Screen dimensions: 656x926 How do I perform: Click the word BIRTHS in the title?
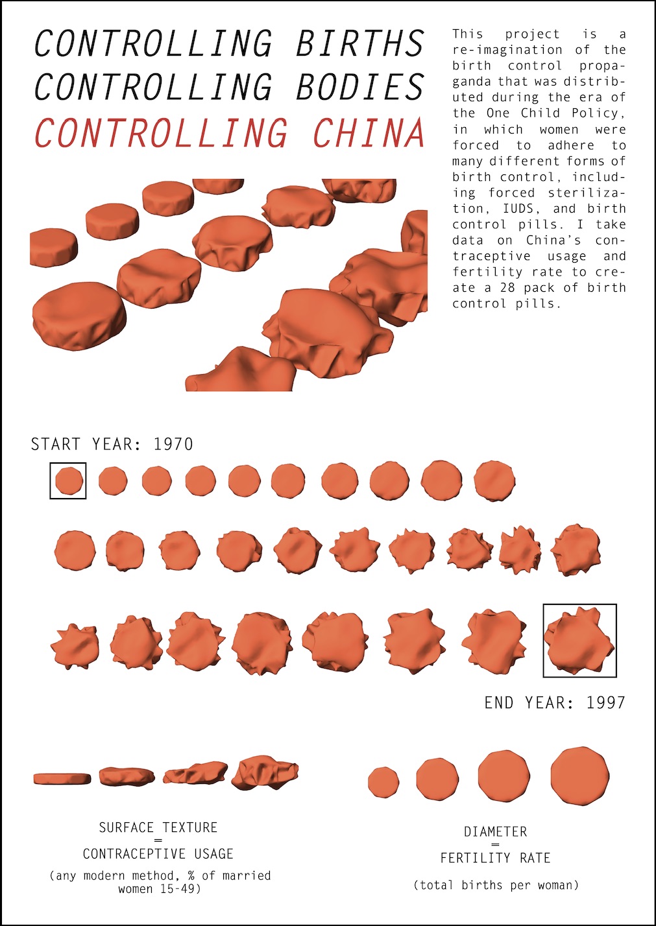(x=360, y=43)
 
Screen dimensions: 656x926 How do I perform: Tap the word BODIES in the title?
(x=360, y=86)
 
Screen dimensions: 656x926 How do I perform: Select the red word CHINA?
(x=368, y=132)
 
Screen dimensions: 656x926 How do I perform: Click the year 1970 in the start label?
(x=173, y=444)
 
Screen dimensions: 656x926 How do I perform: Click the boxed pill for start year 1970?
(x=69, y=481)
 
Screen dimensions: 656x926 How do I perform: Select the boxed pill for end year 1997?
(x=579, y=639)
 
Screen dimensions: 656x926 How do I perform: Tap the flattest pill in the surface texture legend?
(x=62, y=778)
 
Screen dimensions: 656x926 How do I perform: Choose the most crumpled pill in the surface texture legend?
(x=265, y=772)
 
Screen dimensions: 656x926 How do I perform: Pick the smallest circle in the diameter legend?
(x=383, y=782)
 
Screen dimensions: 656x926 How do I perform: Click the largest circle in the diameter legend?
(x=580, y=776)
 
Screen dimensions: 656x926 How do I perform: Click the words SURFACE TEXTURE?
(x=158, y=827)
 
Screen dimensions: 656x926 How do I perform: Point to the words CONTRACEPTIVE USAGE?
(x=158, y=853)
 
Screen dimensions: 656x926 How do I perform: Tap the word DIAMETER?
(x=496, y=831)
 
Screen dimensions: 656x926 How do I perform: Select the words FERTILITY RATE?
(x=496, y=858)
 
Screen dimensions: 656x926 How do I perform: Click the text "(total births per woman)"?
(x=496, y=885)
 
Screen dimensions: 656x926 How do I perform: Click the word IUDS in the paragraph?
(x=518, y=208)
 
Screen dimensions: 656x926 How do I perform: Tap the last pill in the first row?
(x=494, y=481)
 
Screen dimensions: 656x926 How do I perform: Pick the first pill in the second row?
(x=75, y=551)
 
